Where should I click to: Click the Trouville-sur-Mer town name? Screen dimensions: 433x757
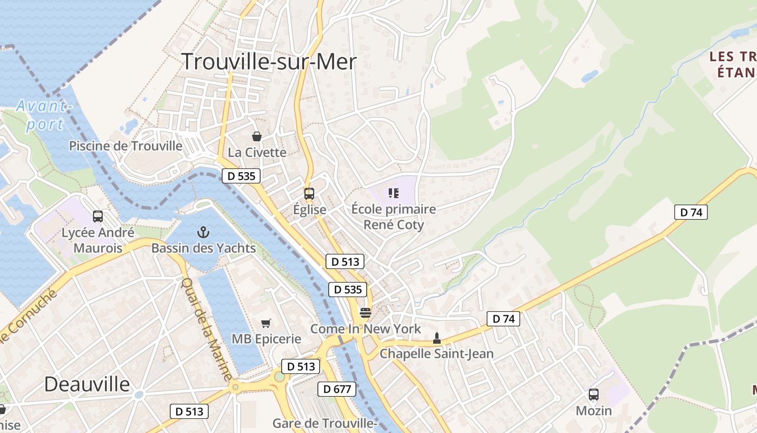(x=269, y=62)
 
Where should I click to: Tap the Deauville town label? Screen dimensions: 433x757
(x=87, y=384)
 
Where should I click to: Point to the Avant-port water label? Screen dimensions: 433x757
(x=44, y=115)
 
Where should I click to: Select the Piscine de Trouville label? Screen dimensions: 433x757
(x=125, y=146)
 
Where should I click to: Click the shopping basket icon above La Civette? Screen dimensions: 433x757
(x=257, y=136)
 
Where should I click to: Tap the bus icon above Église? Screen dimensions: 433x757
(x=309, y=193)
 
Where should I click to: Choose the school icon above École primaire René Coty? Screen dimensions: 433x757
(x=393, y=193)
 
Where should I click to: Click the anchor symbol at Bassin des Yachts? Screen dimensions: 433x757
(x=203, y=233)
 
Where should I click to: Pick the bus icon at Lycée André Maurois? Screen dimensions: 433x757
(x=98, y=216)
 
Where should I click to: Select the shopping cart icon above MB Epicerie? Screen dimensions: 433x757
(x=265, y=323)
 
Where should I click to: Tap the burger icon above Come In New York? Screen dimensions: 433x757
(x=366, y=312)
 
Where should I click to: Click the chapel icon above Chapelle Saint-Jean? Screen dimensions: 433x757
(x=436, y=338)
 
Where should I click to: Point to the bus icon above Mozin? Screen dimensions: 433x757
(x=593, y=395)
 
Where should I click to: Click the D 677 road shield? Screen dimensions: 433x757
(x=337, y=389)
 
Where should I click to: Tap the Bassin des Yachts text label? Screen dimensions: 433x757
(x=203, y=248)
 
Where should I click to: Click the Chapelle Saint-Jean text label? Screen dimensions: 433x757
(x=436, y=354)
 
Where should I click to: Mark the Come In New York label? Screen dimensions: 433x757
(x=365, y=329)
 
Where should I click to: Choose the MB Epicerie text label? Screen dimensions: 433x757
(x=266, y=339)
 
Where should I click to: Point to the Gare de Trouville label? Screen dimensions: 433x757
(x=324, y=423)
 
